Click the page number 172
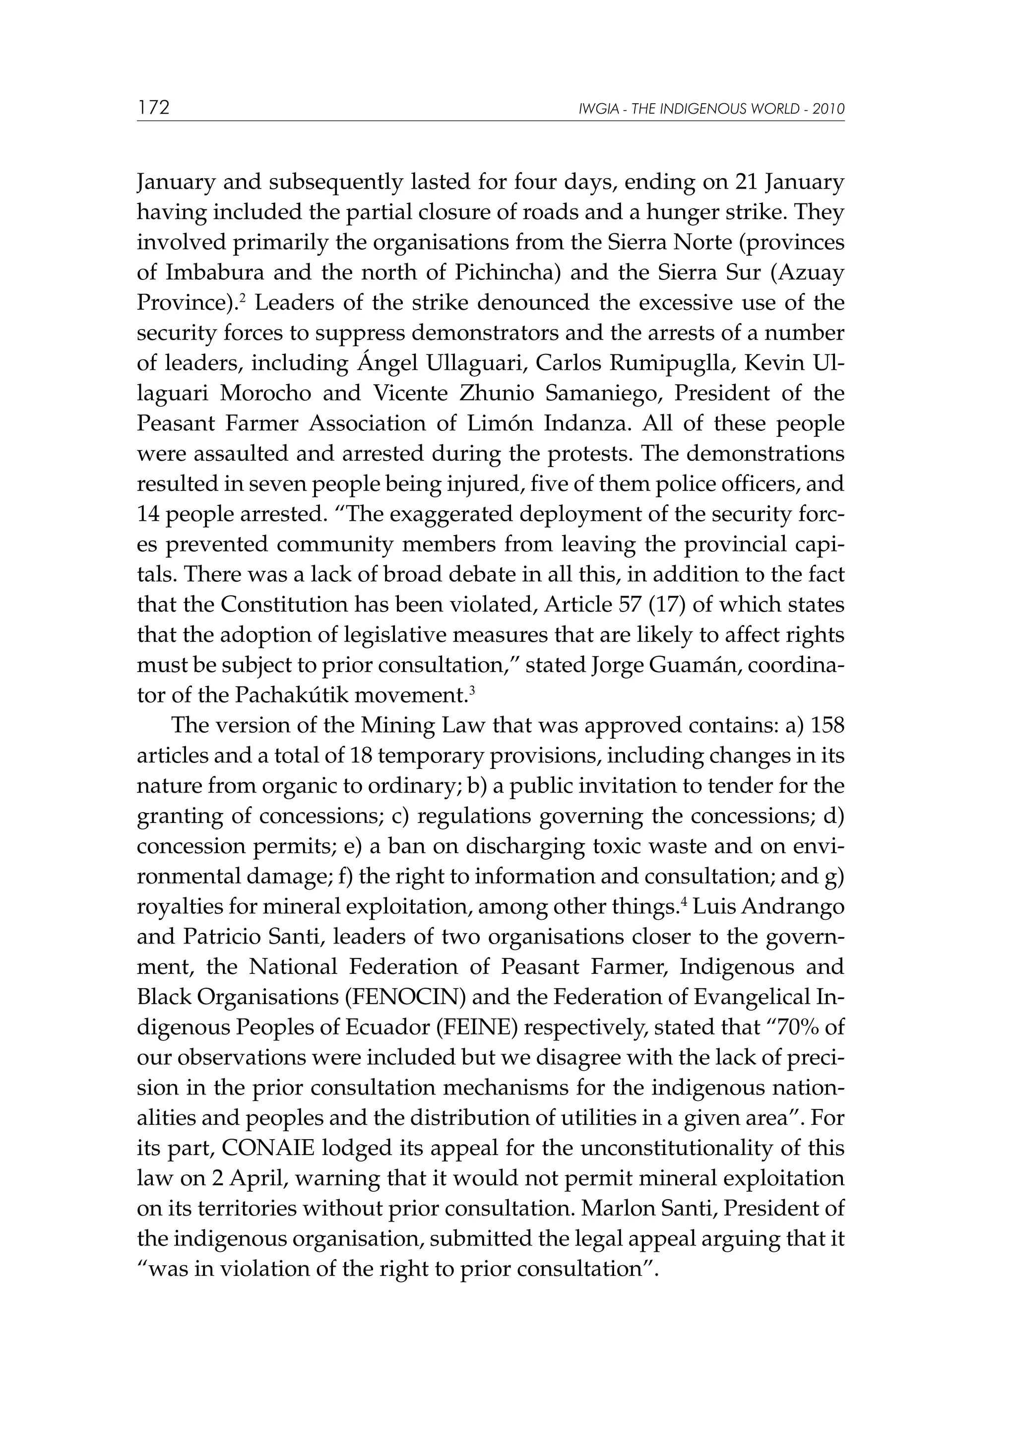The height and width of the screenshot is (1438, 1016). coord(153,108)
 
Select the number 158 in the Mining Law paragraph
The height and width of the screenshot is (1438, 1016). coord(827,726)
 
